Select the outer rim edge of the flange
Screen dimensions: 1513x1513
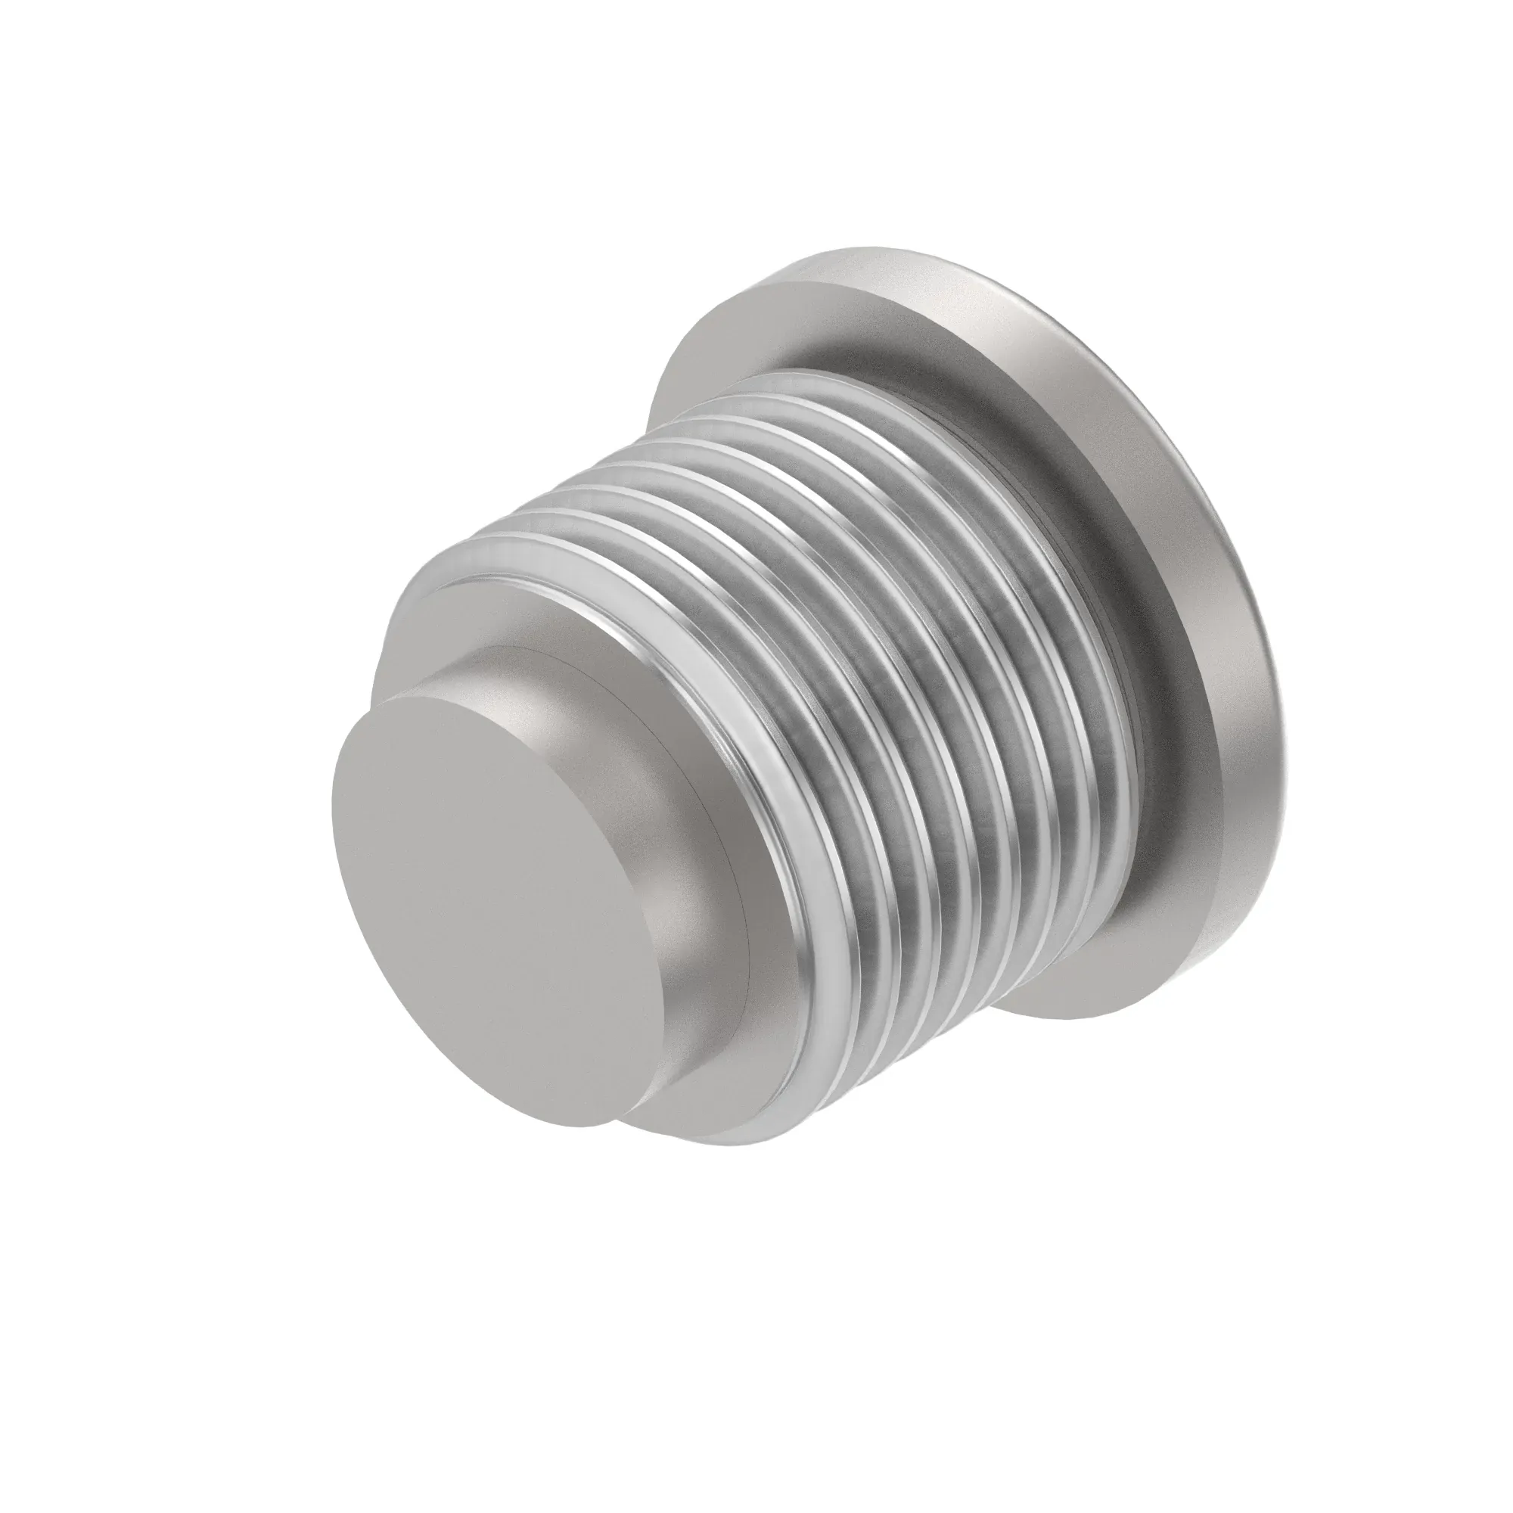(x=1222, y=705)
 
